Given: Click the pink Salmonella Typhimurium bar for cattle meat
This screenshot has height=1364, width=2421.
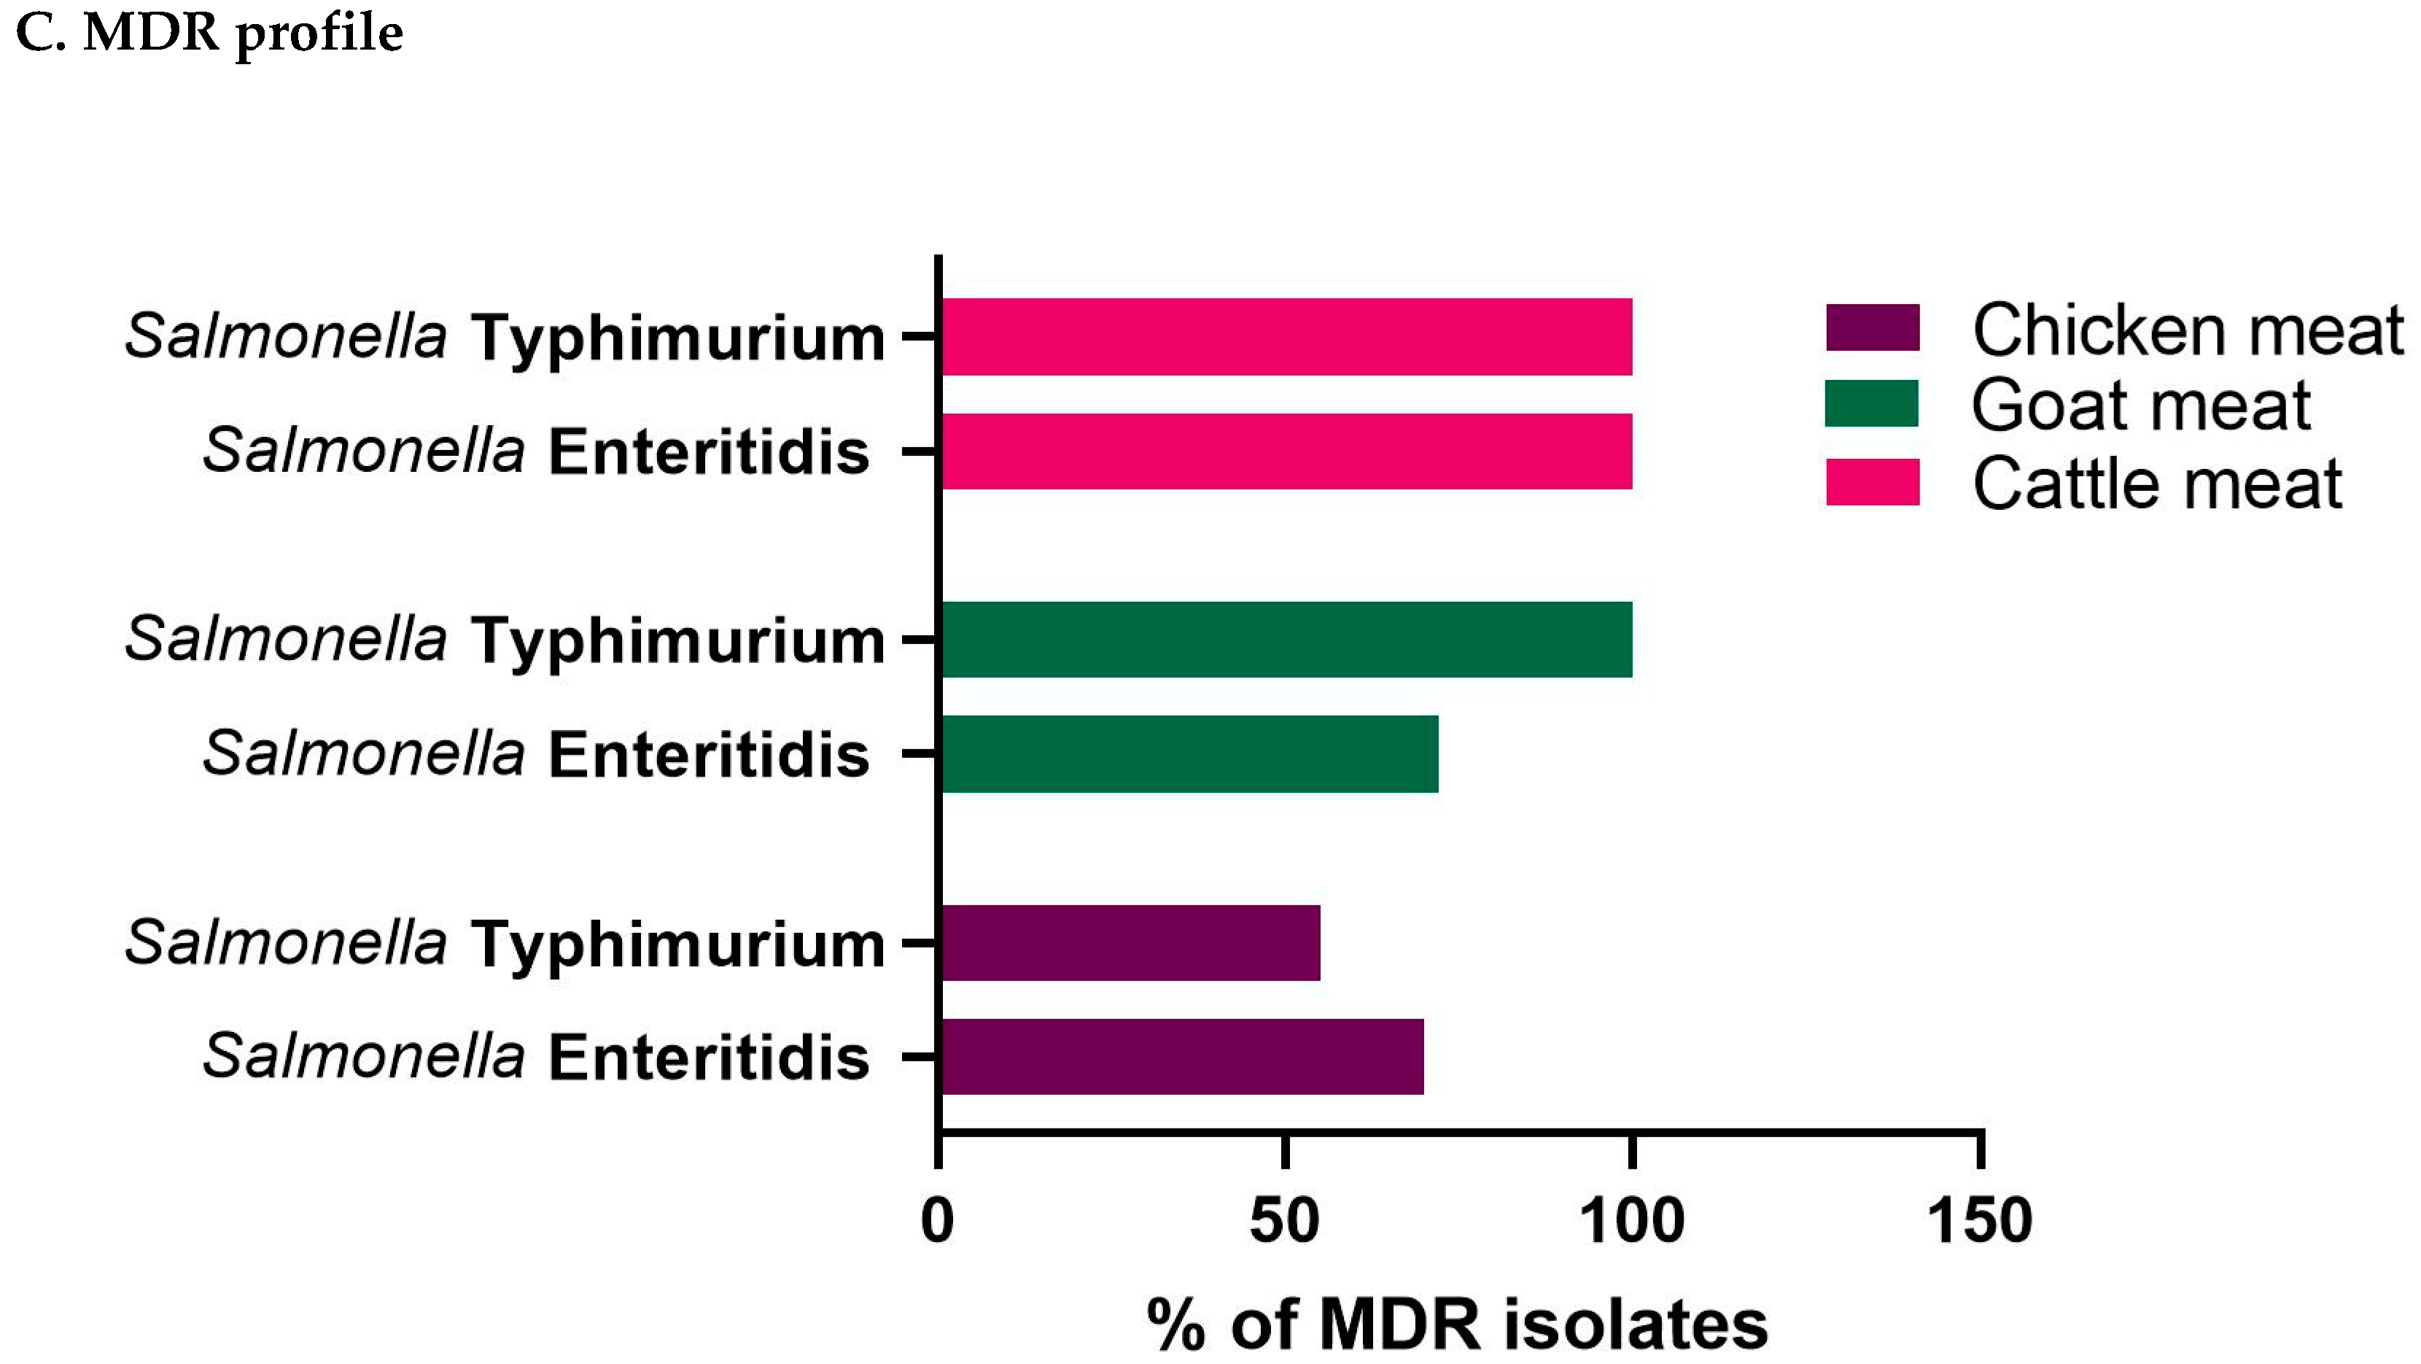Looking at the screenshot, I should tap(1286, 336).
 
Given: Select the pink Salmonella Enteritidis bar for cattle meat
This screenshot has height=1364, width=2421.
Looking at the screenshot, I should tap(1286, 452).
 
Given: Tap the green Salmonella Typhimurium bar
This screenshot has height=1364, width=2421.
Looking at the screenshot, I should tap(1286, 639).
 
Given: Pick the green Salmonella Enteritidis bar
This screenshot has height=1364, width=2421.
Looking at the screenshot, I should tap(1189, 754).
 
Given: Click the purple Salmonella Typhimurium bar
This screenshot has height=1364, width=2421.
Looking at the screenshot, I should tap(1130, 943).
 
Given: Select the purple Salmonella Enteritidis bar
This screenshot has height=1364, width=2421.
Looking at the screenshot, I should tap(1181, 1057).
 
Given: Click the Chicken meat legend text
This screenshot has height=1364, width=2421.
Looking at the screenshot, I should tap(2187, 331).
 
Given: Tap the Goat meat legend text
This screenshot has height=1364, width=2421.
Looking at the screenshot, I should tap(2140, 407).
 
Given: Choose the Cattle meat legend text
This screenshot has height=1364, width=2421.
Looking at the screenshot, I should tap(2156, 485).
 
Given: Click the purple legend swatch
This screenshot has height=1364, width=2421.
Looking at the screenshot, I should tap(1872, 328).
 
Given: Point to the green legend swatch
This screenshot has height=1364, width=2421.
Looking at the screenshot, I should tap(1871, 404).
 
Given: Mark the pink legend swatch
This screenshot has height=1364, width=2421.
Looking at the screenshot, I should tap(1872, 482).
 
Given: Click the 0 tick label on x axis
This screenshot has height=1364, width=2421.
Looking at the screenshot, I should tap(937, 1222).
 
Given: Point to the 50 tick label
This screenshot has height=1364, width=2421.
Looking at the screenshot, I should tap(1284, 1222).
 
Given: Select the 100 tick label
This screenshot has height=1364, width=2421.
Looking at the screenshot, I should tap(1631, 1222).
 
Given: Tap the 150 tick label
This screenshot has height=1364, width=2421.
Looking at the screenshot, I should tap(1979, 1222).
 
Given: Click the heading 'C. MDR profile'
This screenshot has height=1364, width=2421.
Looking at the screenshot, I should tap(209, 34).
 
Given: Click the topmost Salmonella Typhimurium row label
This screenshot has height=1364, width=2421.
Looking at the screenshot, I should tap(505, 336).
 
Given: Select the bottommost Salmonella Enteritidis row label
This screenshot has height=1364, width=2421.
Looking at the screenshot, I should tap(536, 1057).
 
